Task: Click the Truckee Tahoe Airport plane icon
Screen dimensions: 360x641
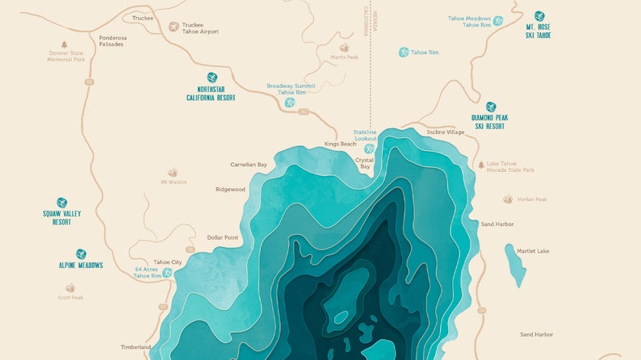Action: tap(173, 27)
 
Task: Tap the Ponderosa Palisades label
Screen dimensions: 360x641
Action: tap(111, 40)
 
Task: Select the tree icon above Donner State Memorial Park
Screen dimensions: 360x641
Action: tap(65, 44)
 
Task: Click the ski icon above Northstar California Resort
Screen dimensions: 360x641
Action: tap(212, 77)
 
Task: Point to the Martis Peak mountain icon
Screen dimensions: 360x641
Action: tap(344, 48)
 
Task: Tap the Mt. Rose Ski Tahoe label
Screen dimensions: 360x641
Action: tap(538, 31)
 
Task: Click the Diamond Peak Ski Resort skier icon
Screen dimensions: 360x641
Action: tap(490, 107)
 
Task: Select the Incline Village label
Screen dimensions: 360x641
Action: tap(446, 132)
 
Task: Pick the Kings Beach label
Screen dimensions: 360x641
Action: tap(340, 144)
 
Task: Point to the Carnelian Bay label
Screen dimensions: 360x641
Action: tap(249, 165)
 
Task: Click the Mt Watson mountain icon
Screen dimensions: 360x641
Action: tap(172, 173)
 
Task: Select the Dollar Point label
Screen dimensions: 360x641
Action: tap(223, 237)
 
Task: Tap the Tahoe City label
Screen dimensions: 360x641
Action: tap(168, 262)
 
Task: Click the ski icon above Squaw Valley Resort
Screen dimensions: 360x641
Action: tap(62, 203)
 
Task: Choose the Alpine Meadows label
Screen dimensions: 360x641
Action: tap(81, 265)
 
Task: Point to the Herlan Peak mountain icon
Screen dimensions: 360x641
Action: tap(508, 199)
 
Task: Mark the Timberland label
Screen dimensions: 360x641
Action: tap(136, 347)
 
